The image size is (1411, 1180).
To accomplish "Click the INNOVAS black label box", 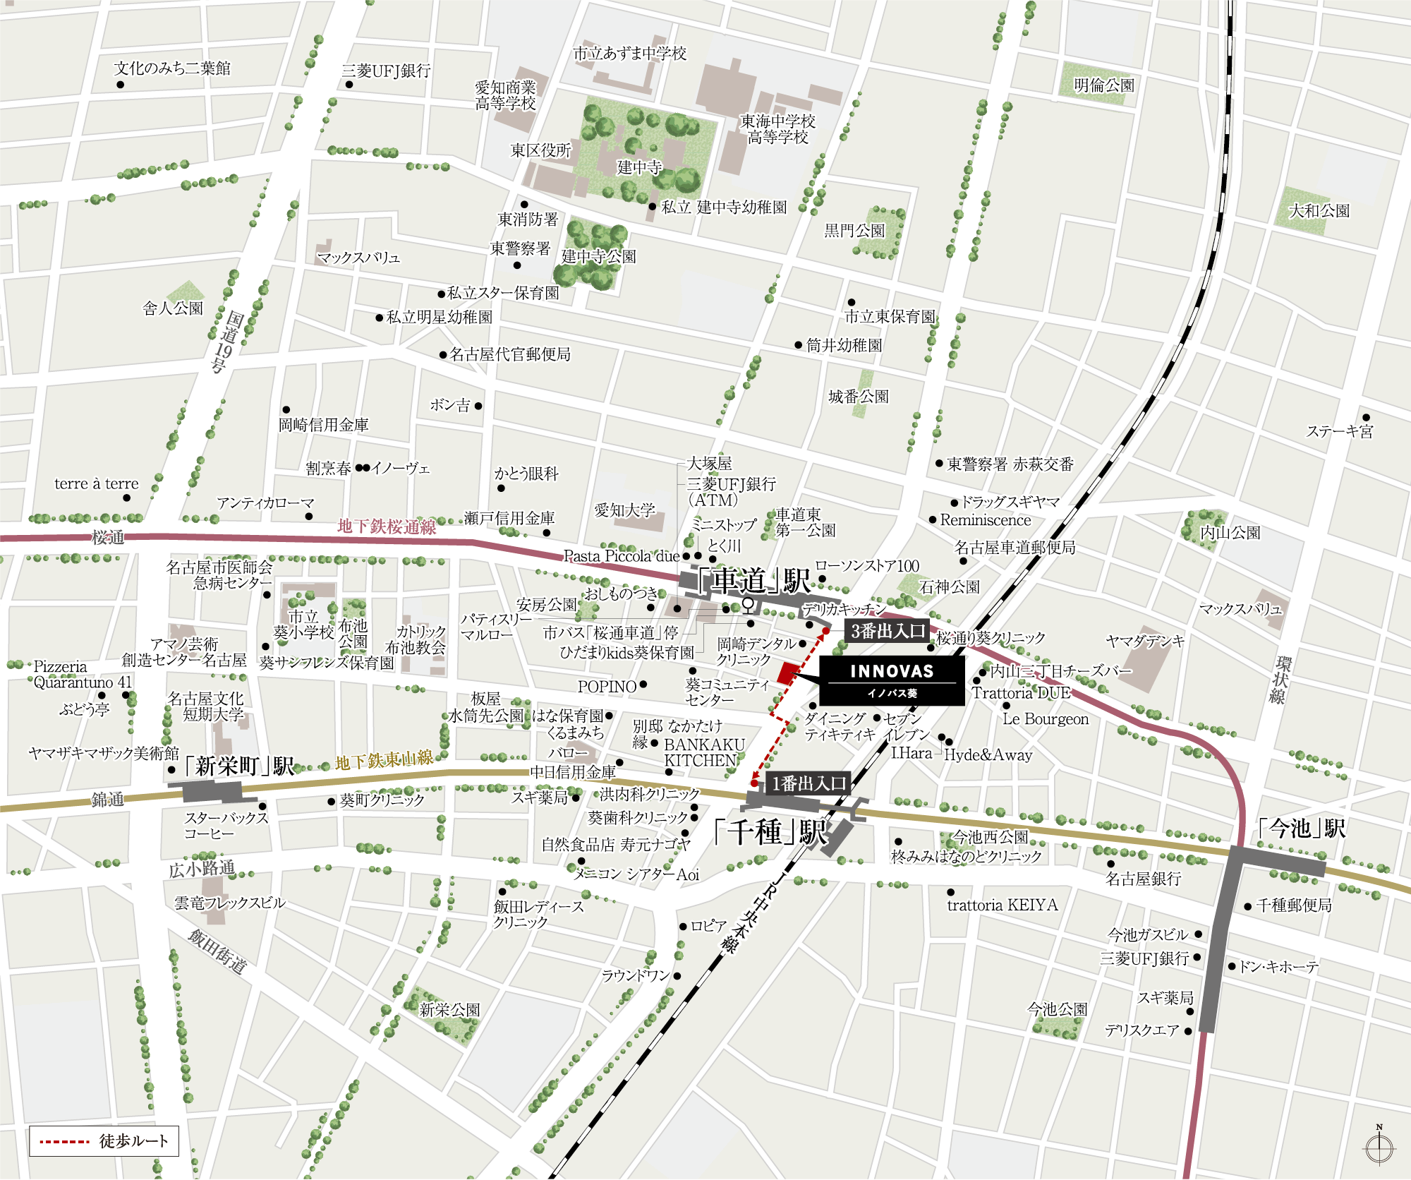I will [892, 680].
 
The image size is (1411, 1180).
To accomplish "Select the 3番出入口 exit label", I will [887, 631].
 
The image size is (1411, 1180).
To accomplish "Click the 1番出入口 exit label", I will [809, 783].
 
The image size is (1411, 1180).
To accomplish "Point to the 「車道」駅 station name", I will [753, 581].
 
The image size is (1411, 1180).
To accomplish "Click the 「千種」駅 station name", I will [770, 831].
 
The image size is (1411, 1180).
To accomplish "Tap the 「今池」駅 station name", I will [1302, 828].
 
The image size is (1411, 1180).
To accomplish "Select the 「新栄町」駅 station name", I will [238, 766].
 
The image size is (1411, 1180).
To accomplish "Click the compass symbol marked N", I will [1379, 1147].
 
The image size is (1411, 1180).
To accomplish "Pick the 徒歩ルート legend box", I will [104, 1141].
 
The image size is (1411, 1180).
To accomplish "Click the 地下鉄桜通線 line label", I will [386, 526].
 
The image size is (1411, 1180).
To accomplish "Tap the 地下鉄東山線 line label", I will [384, 761].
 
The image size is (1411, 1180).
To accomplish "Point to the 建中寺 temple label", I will [639, 167].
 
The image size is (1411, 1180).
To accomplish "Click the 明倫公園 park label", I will [1103, 85].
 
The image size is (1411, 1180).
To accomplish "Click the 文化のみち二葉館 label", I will [172, 68].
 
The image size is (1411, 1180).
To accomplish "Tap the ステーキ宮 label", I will [1340, 431].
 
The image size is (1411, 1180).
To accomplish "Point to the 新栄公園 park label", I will [449, 1010].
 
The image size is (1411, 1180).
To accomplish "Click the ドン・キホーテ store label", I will [1278, 967].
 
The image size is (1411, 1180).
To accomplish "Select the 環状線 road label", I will [1280, 680].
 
